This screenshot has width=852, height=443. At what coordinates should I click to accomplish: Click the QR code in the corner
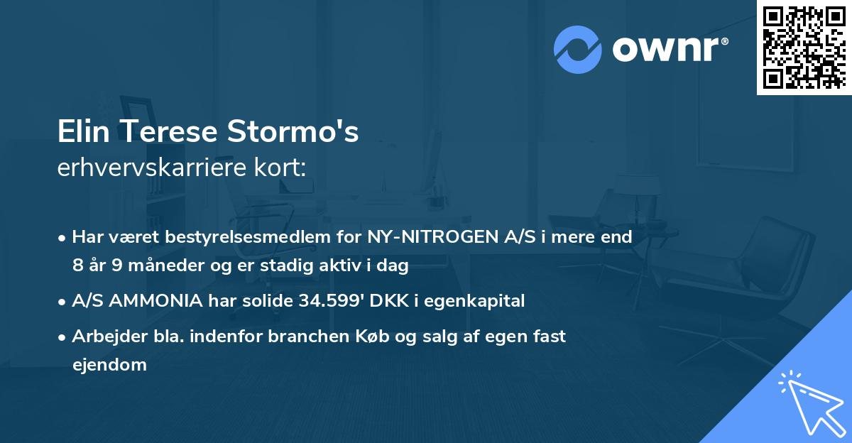tap(804, 48)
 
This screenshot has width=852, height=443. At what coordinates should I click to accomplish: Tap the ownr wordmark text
tap(670, 49)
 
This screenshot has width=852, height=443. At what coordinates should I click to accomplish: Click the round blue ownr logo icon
tap(577, 49)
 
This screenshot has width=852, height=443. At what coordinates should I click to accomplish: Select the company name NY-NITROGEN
tap(424, 237)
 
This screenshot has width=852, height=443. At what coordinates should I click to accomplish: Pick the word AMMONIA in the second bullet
tap(154, 301)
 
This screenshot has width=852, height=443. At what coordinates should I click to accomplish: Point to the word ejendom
tap(109, 365)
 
